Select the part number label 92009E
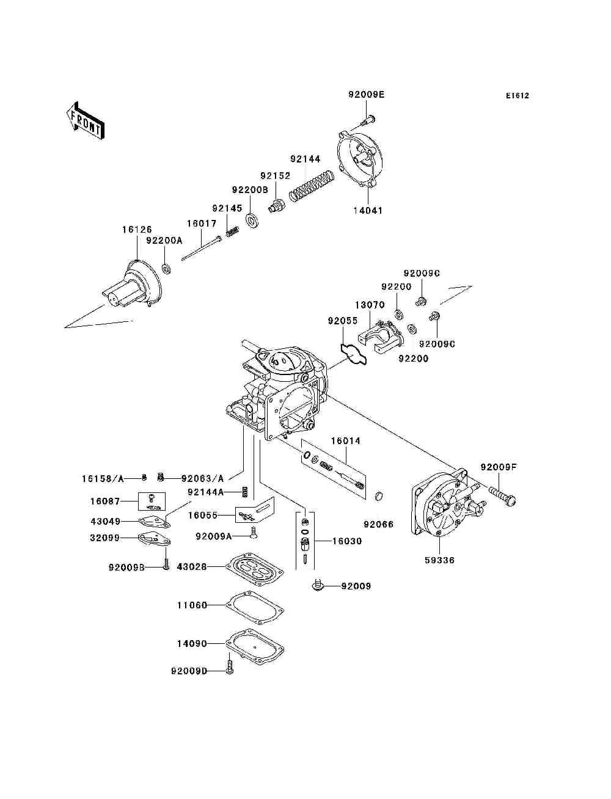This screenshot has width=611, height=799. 367,95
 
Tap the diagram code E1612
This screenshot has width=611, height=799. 517,96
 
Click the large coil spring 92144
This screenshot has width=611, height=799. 312,184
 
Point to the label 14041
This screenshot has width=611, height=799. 368,211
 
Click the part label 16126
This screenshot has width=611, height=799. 137,230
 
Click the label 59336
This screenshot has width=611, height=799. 439,560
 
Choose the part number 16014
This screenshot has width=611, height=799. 346,441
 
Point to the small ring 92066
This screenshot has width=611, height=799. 379,495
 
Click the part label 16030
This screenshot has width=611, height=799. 347,541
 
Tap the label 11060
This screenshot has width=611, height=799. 192,605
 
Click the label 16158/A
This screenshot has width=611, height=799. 103,478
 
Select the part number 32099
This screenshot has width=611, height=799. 105,538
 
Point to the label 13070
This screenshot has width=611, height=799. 370,305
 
